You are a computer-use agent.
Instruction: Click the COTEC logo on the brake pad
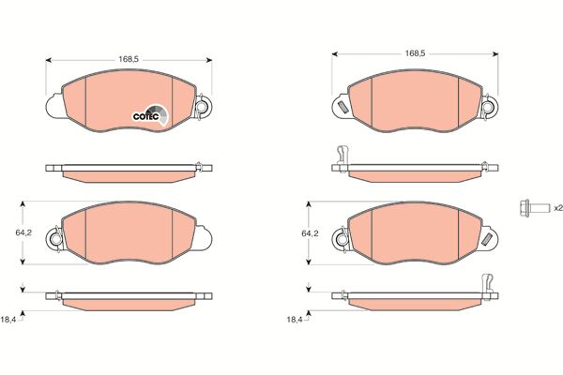coord(150,114)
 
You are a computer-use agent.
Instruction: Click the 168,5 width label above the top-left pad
coord(129,60)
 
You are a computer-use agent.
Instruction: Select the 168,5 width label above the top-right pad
coord(415,53)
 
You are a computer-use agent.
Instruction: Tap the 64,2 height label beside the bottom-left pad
coord(23,232)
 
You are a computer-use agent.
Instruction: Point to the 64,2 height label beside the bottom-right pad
coord(310,233)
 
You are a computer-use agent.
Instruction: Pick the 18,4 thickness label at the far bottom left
coord(8,320)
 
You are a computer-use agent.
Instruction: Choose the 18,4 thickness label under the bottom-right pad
coord(295,320)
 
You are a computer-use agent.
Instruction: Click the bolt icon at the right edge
coord(534,208)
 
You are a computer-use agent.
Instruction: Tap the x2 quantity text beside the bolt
coord(558,208)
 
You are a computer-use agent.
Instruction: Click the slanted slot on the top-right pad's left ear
coord(342,107)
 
